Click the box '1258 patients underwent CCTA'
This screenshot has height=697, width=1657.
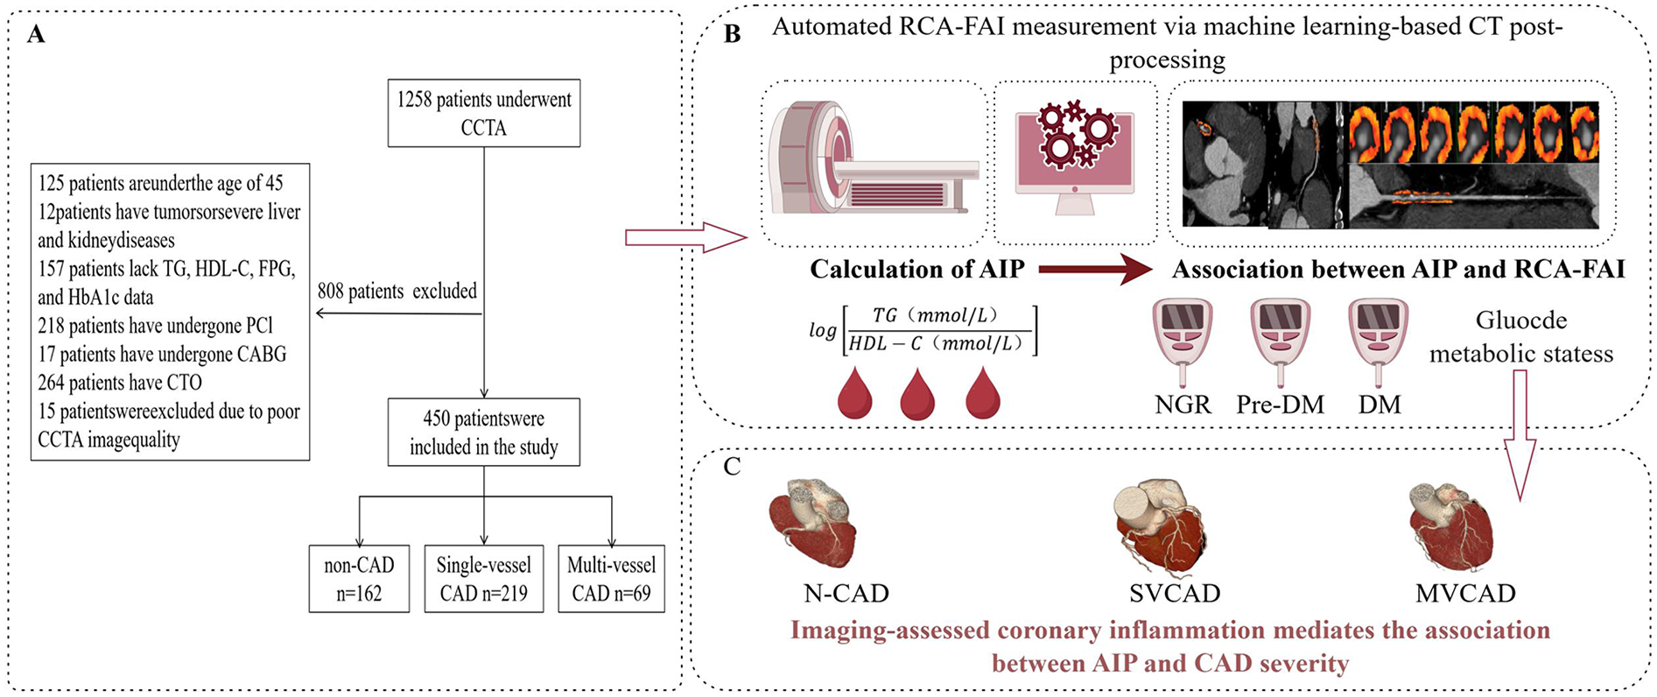483,113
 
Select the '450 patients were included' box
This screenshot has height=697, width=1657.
483,432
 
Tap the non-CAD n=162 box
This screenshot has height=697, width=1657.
359,579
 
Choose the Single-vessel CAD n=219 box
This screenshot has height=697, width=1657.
483,579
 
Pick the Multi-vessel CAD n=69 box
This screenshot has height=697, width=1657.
611,579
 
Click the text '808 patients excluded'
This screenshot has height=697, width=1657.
397,291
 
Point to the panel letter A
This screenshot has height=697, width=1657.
36,35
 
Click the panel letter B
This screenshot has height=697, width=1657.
732,34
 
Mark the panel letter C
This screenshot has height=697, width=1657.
732,467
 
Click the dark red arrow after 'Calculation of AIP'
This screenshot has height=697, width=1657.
1094,270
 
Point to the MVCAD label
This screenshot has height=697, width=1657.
1465,593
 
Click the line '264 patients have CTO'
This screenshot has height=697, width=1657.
120,383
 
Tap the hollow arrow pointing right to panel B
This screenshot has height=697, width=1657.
685,237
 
